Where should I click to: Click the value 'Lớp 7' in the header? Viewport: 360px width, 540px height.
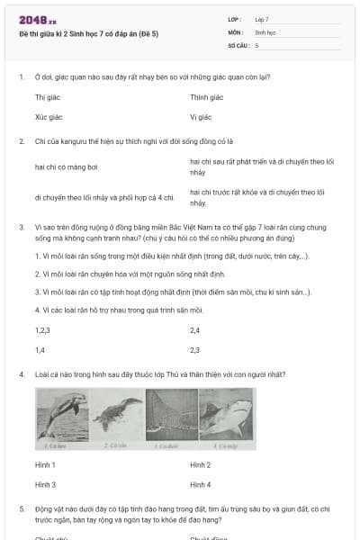click(262, 19)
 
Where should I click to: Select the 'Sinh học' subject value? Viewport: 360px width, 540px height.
click(265, 31)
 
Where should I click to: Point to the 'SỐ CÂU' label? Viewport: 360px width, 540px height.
click(237, 44)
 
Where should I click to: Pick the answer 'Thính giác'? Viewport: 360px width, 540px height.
click(206, 97)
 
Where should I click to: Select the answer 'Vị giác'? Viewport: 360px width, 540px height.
click(200, 117)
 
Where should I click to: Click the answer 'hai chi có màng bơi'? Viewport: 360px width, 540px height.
click(66, 166)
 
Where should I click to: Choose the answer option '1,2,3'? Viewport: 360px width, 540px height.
click(41, 330)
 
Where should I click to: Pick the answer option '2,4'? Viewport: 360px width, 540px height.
click(194, 330)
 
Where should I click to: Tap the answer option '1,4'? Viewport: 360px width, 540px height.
click(40, 350)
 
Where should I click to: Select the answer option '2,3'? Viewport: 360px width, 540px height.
click(194, 350)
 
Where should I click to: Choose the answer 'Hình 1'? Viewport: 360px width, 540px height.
click(45, 464)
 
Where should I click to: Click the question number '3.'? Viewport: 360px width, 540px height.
click(21, 227)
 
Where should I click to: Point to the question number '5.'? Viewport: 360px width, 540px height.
click(21, 508)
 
